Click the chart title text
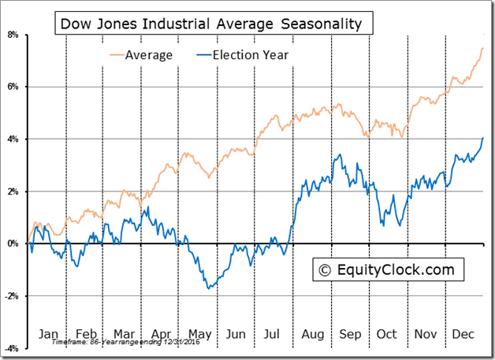[x=211, y=24]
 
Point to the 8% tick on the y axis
[x=13, y=35]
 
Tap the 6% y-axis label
[x=13, y=87]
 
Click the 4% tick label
[x=13, y=139]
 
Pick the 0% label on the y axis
[x=13, y=243]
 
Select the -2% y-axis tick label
[x=11, y=295]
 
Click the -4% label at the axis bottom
[x=11, y=347]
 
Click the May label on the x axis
[x=200, y=334]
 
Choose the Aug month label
[x=312, y=334]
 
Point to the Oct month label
[x=387, y=334]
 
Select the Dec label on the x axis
[x=463, y=334]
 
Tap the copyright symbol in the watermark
[x=323, y=270]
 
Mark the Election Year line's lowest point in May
[x=208, y=288]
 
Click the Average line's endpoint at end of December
[x=482, y=48]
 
